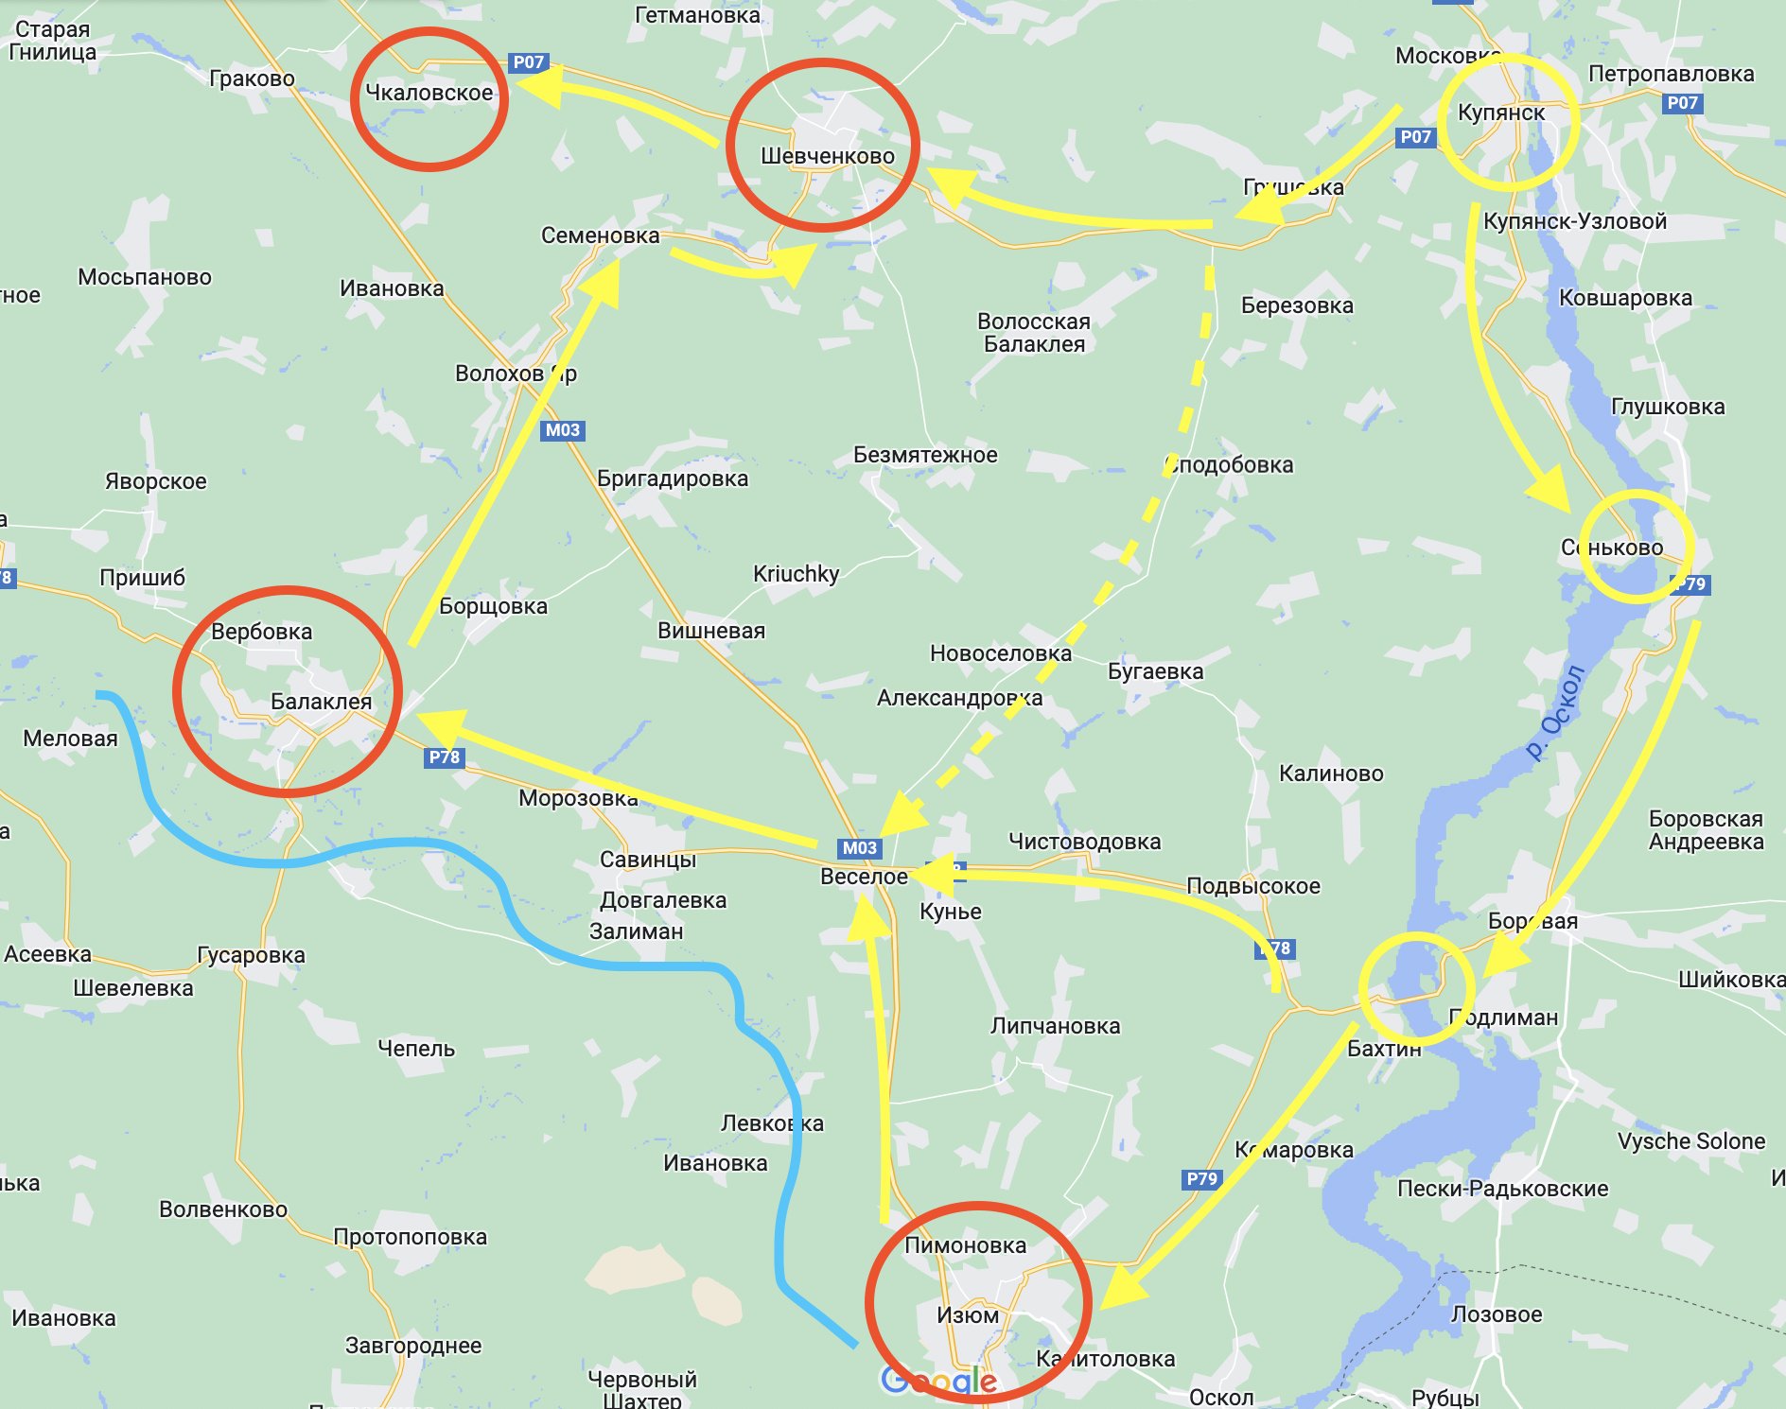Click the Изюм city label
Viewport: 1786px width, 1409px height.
pyautogui.click(x=967, y=1314)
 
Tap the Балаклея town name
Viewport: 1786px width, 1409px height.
pyautogui.click(x=321, y=702)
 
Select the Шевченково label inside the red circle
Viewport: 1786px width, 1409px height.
pyautogui.click(x=827, y=156)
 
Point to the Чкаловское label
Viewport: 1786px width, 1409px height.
pyautogui.click(x=429, y=93)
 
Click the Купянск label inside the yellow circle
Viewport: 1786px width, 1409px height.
pyautogui.click(x=1500, y=113)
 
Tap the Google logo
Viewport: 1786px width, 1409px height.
pyautogui.click(x=938, y=1381)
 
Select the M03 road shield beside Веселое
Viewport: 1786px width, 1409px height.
pyautogui.click(x=859, y=848)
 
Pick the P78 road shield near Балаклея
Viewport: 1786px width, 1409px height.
pyautogui.click(x=444, y=757)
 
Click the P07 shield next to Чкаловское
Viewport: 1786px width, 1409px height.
pyautogui.click(x=528, y=62)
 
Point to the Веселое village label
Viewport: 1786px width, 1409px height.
pyautogui.click(x=863, y=877)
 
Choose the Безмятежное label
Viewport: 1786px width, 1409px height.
pyautogui.click(x=924, y=455)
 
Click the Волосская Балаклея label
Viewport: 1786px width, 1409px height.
pyautogui.click(x=1033, y=333)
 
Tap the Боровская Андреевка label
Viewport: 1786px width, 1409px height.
pyautogui.click(x=1706, y=830)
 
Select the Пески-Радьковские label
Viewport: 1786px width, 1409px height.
pyautogui.click(x=1502, y=1189)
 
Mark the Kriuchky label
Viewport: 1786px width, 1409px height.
pyautogui.click(x=796, y=574)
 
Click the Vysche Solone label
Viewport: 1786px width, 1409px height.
pyautogui.click(x=1690, y=1141)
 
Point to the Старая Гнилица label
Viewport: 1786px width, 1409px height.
pyautogui.click(x=53, y=41)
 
